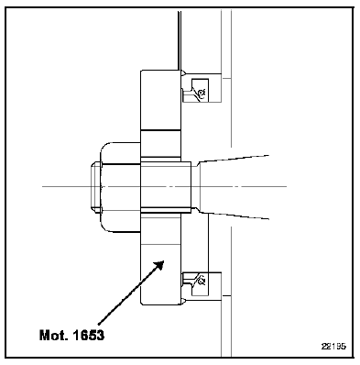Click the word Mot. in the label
[x=54, y=336]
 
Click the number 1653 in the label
[x=89, y=336]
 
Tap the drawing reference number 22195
[x=333, y=347]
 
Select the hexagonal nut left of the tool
[x=121, y=187]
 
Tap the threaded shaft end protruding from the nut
[x=95, y=187]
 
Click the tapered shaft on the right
[x=234, y=187]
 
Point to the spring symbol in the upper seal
[x=202, y=92]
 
